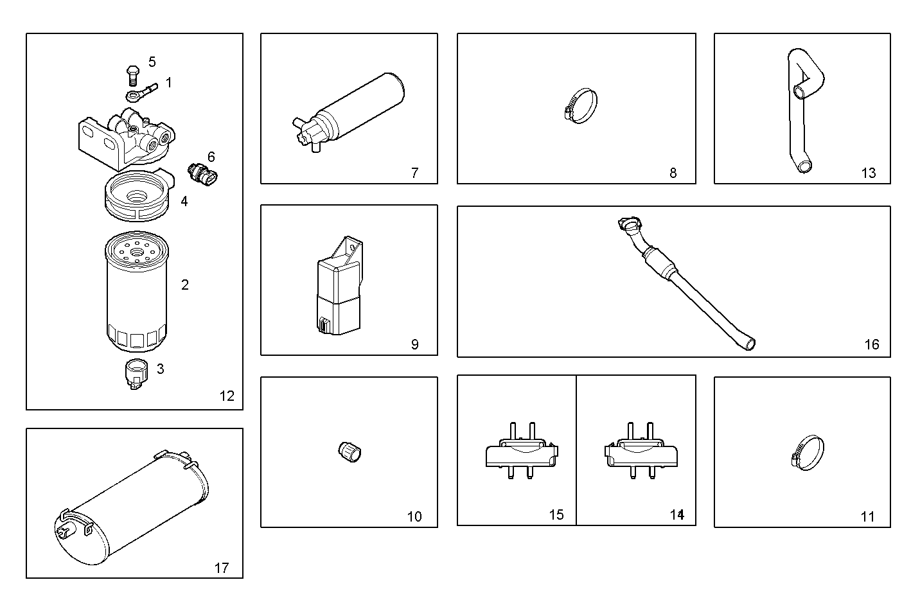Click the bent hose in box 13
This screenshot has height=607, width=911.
click(x=803, y=109)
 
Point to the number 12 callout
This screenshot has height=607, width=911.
click(x=227, y=396)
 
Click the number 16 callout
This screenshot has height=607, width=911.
click(x=871, y=345)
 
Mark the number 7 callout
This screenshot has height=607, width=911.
click(x=414, y=173)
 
